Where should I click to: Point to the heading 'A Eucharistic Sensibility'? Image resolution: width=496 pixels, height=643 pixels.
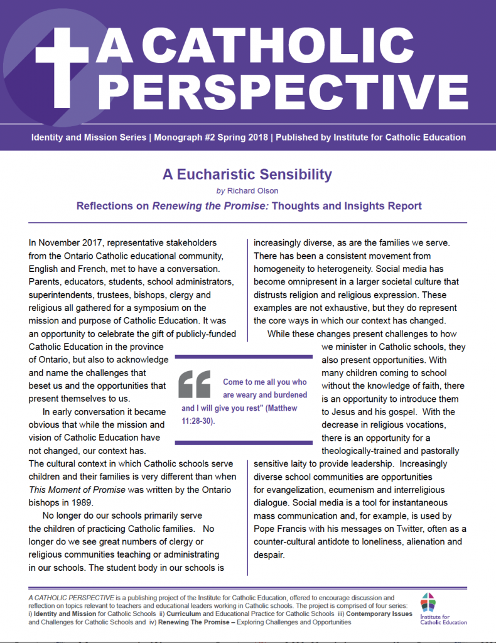247,175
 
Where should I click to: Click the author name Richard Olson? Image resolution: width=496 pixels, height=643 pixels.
252,190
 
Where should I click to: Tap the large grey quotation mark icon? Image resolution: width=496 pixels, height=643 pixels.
195,382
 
